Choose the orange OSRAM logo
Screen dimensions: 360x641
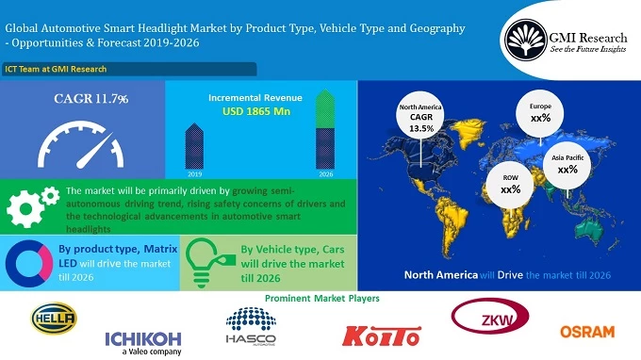click(586, 332)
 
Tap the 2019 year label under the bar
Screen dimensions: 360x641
click(194, 174)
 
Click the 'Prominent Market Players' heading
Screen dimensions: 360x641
click(321, 298)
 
